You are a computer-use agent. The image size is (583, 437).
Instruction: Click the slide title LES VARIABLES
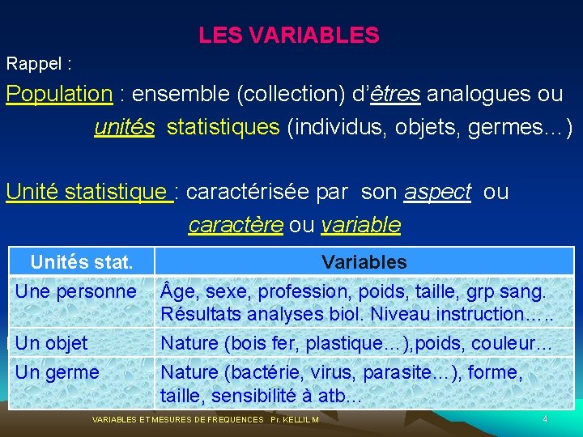coord(288,36)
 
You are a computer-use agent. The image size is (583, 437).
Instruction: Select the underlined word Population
coord(59,94)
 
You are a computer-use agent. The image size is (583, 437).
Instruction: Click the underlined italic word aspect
coord(437,192)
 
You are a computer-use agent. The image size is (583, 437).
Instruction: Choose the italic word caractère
coord(236,225)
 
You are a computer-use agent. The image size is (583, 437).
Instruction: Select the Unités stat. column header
coord(81,262)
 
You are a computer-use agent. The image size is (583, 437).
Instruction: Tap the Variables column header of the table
coord(364,262)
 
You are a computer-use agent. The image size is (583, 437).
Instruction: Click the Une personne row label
coord(76,291)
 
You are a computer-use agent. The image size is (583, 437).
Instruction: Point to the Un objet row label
coord(52,343)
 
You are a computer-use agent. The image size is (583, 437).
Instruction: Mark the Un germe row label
coord(57,372)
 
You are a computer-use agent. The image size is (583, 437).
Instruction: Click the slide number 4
coord(545,418)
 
